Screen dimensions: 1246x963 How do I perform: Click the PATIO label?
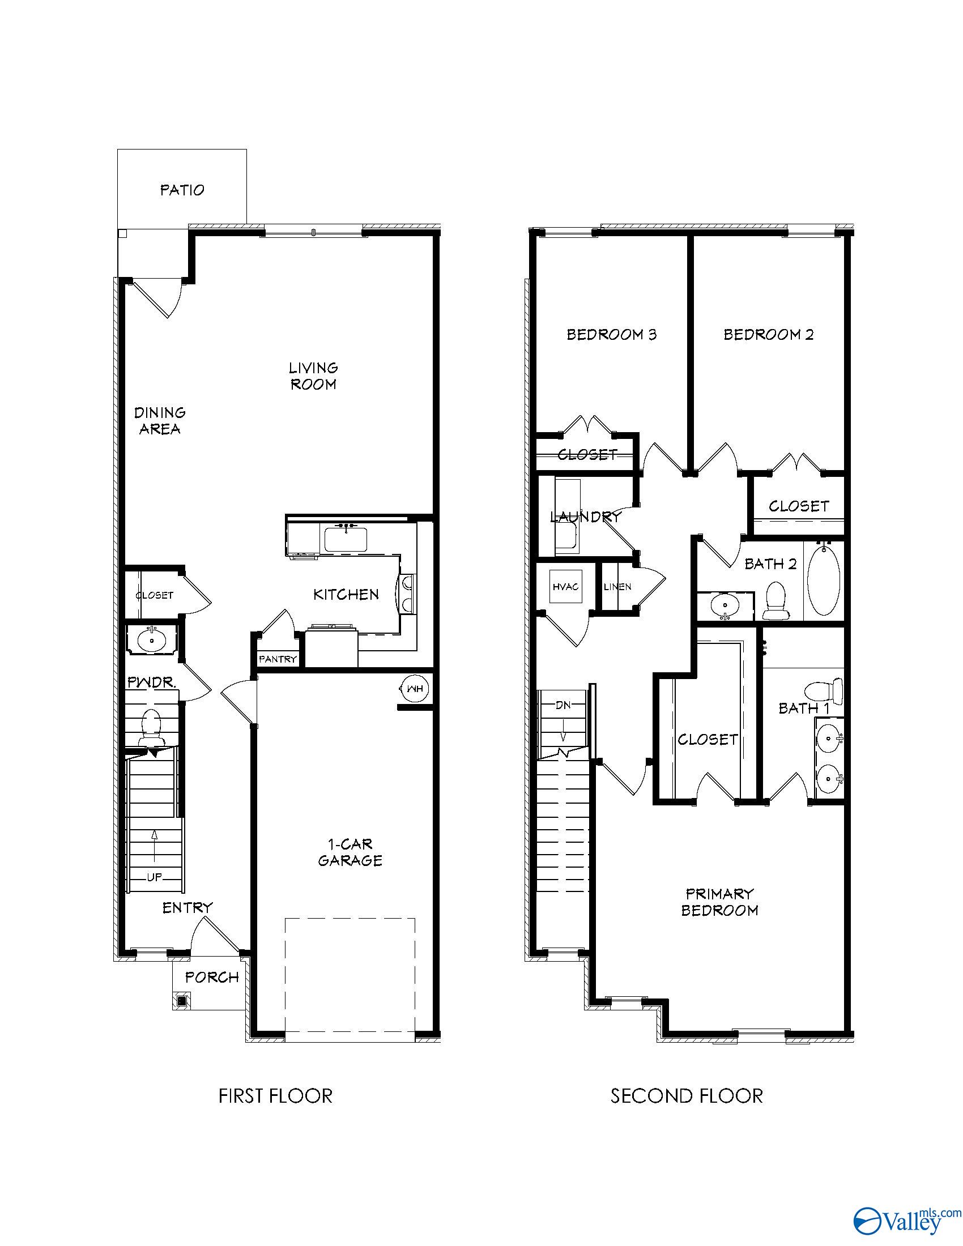coord(182,190)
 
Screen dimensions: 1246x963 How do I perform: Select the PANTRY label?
coord(278,659)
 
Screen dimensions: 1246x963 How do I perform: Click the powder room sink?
coord(152,640)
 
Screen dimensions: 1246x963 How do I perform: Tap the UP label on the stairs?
coord(155,877)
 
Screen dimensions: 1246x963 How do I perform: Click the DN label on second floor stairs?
coord(563,705)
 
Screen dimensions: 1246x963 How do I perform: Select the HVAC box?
coord(565,587)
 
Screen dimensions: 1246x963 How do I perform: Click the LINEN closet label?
coord(617,587)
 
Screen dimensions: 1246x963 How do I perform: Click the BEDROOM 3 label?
coord(611,334)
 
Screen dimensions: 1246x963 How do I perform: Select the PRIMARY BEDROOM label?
coord(719,902)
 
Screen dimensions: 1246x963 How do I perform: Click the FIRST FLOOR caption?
coord(275,1096)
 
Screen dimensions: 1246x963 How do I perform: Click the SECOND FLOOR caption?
coord(687,1096)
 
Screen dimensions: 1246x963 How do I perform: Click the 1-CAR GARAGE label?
coord(350,852)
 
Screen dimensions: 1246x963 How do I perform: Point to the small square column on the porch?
coord(182,1000)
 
